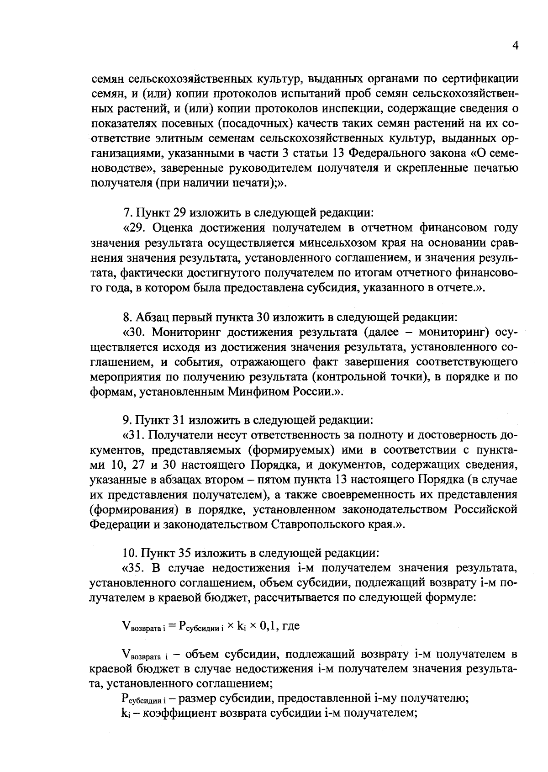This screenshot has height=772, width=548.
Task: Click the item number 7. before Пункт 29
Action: (128, 213)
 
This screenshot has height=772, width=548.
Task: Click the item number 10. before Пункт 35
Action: (131, 554)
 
